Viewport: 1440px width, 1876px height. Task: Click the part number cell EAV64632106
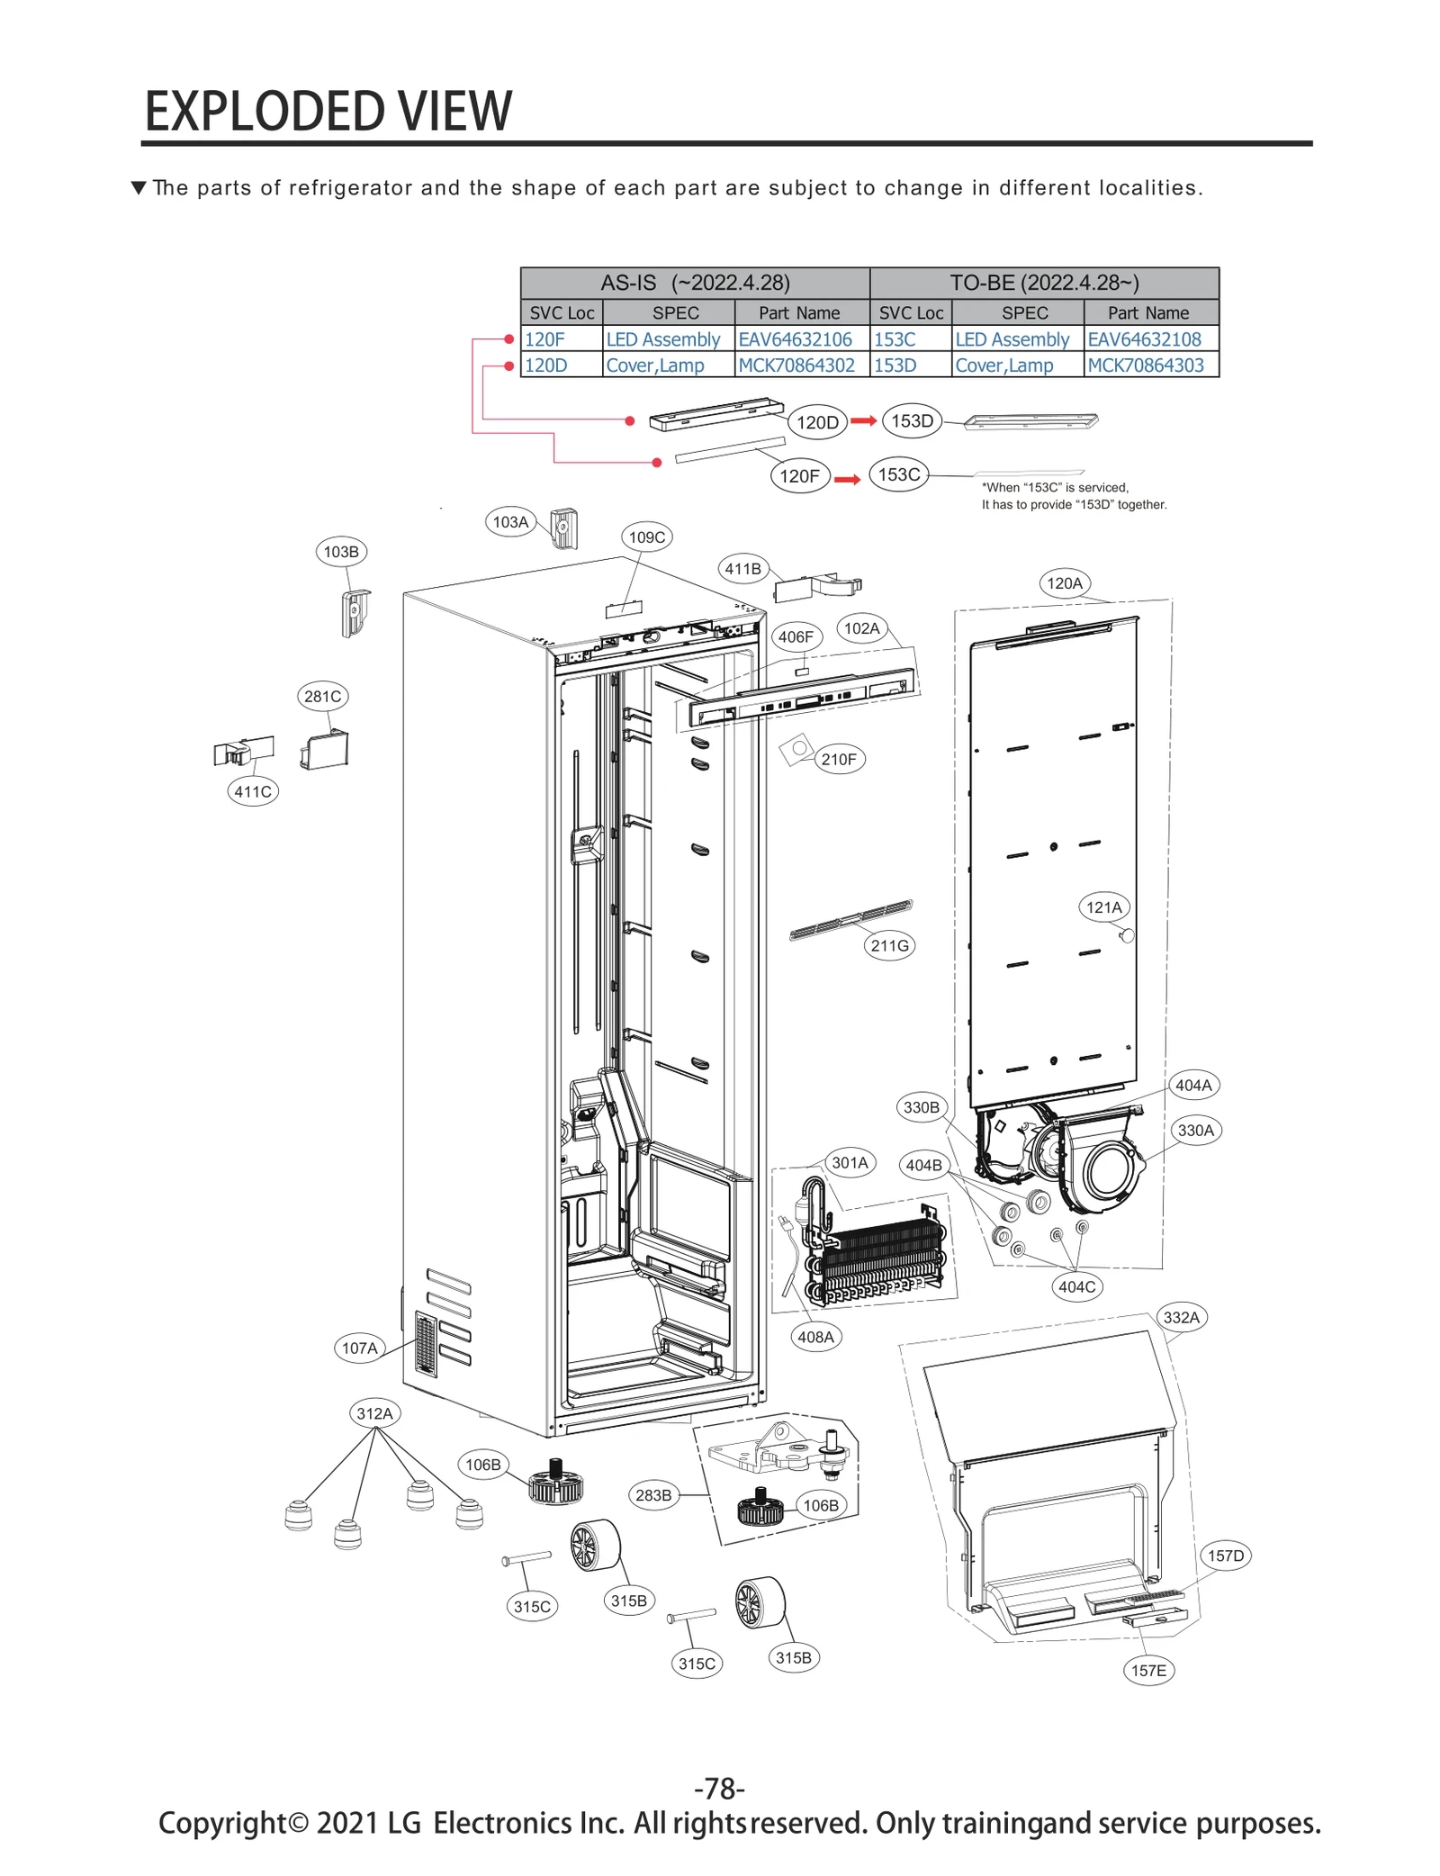coord(795,339)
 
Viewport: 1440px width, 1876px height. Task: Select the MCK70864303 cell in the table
coord(1145,365)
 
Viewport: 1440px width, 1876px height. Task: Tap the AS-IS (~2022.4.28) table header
coord(695,283)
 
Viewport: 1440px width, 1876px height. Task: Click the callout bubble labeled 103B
coord(341,552)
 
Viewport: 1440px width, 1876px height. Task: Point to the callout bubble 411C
coord(253,791)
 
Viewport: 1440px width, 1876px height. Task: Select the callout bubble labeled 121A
coord(1104,906)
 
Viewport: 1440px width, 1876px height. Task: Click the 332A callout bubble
coord(1181,1318)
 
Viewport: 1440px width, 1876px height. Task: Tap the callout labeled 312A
coord(374,1413)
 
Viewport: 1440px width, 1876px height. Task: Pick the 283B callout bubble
coord(653,1495)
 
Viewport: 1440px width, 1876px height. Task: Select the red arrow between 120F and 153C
coord(847,479)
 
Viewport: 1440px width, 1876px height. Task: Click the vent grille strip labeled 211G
coord(850,920)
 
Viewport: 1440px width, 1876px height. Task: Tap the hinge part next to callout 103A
coord(564,528)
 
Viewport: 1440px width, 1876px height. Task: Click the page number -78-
coord(720,1787)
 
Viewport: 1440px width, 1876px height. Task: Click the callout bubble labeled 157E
coord(1148,1671)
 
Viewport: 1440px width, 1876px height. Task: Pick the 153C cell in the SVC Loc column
coord(895,339)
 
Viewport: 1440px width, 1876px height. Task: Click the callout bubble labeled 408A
coord(815,1337)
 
